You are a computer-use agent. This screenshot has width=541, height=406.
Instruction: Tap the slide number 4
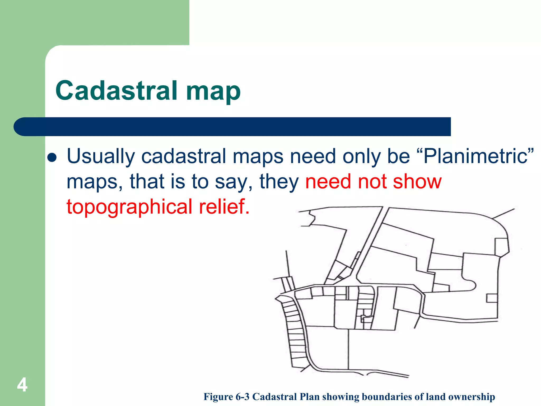(x=22, y=385)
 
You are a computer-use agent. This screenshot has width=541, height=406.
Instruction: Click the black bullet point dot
(x=52, y=158)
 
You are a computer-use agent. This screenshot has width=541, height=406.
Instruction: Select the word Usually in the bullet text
(x=101, y=156)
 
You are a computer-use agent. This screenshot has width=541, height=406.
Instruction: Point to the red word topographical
(x=129, y=207)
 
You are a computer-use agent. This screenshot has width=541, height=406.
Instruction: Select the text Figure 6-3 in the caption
(x=226, y=397)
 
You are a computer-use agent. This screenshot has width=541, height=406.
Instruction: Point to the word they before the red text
(x=279, y=182)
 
